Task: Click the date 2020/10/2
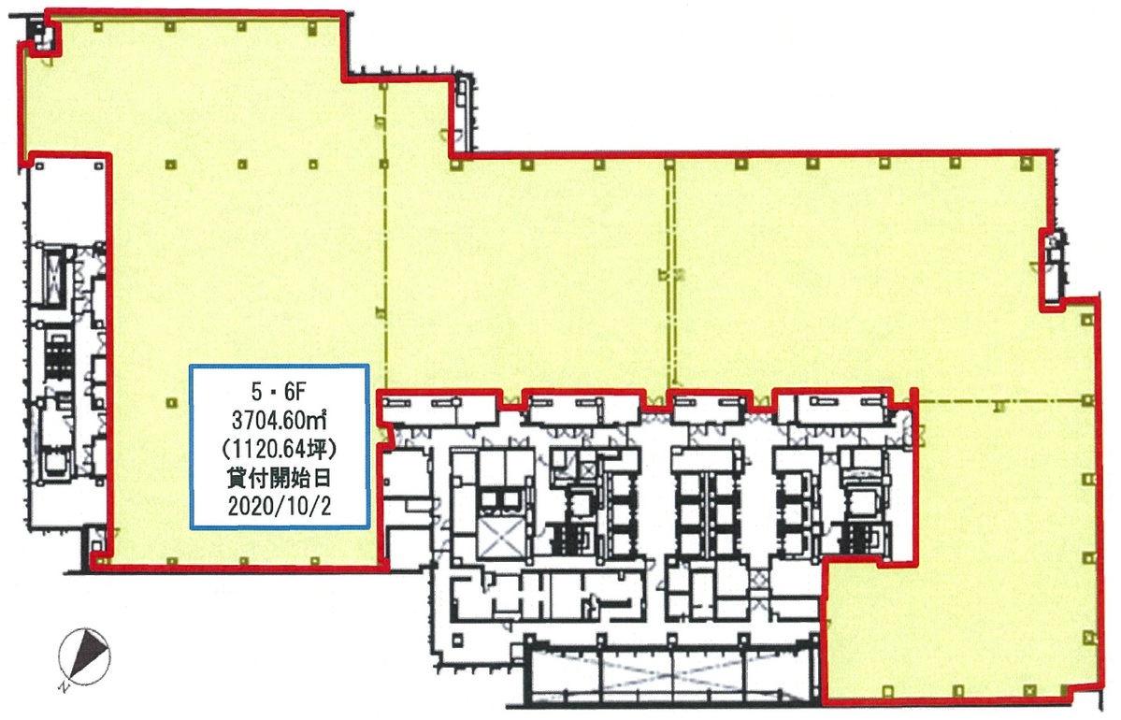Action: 279,506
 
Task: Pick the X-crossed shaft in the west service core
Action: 56,272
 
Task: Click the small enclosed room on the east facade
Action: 1053,266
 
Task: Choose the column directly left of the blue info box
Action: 170,402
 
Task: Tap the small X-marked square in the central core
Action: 588,470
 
